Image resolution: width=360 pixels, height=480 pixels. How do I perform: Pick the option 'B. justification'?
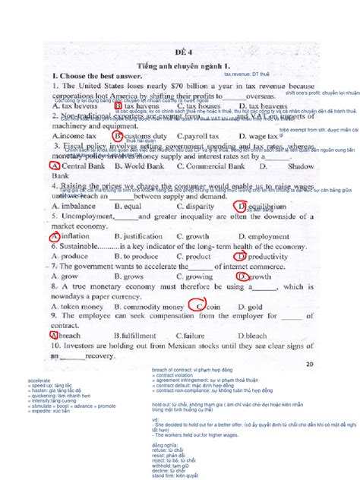click(141, 236)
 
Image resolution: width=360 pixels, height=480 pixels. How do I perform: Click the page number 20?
click(308, 364)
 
